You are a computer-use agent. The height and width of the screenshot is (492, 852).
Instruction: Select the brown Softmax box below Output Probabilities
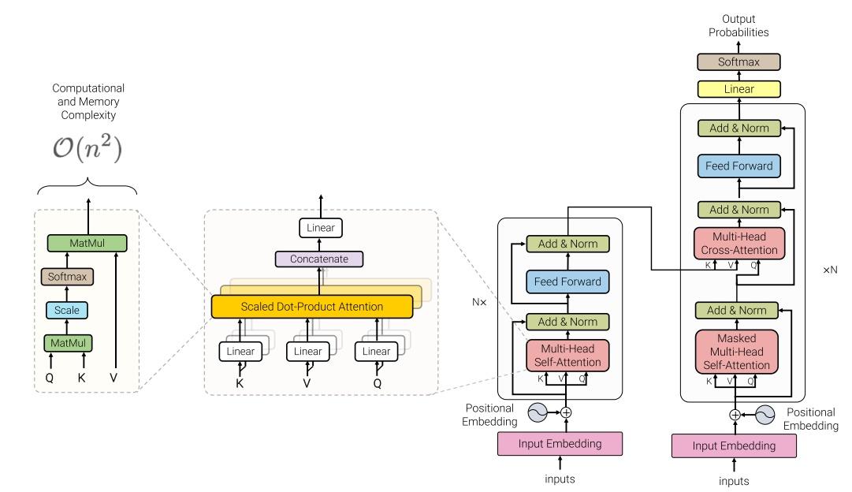pos(739,61)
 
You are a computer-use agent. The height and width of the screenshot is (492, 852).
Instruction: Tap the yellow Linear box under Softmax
pos(739,88)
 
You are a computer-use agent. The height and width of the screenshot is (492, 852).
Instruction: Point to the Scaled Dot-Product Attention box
pos(312,307)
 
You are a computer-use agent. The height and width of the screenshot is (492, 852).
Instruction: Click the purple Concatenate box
pos(321,259)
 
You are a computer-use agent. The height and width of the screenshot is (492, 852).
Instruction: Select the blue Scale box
pos(67,310)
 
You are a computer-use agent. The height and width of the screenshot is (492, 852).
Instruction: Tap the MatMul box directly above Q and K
pos(67,343)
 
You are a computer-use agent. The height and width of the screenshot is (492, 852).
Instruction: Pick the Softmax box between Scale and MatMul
pos(67,277)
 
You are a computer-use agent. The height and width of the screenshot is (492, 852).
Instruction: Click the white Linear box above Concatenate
pos(321,228)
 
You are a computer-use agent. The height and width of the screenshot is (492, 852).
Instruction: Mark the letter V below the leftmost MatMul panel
pos(114,377)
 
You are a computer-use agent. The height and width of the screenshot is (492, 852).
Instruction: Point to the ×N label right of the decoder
pos(830,269)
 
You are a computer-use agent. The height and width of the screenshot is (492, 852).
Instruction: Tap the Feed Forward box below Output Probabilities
pos(739,166)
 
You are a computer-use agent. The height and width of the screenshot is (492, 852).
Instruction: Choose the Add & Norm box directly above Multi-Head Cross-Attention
pos(739,209)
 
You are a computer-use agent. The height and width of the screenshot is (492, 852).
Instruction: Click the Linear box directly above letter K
pos(240,351)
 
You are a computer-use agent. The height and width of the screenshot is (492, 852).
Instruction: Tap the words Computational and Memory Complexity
pos(88,100)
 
